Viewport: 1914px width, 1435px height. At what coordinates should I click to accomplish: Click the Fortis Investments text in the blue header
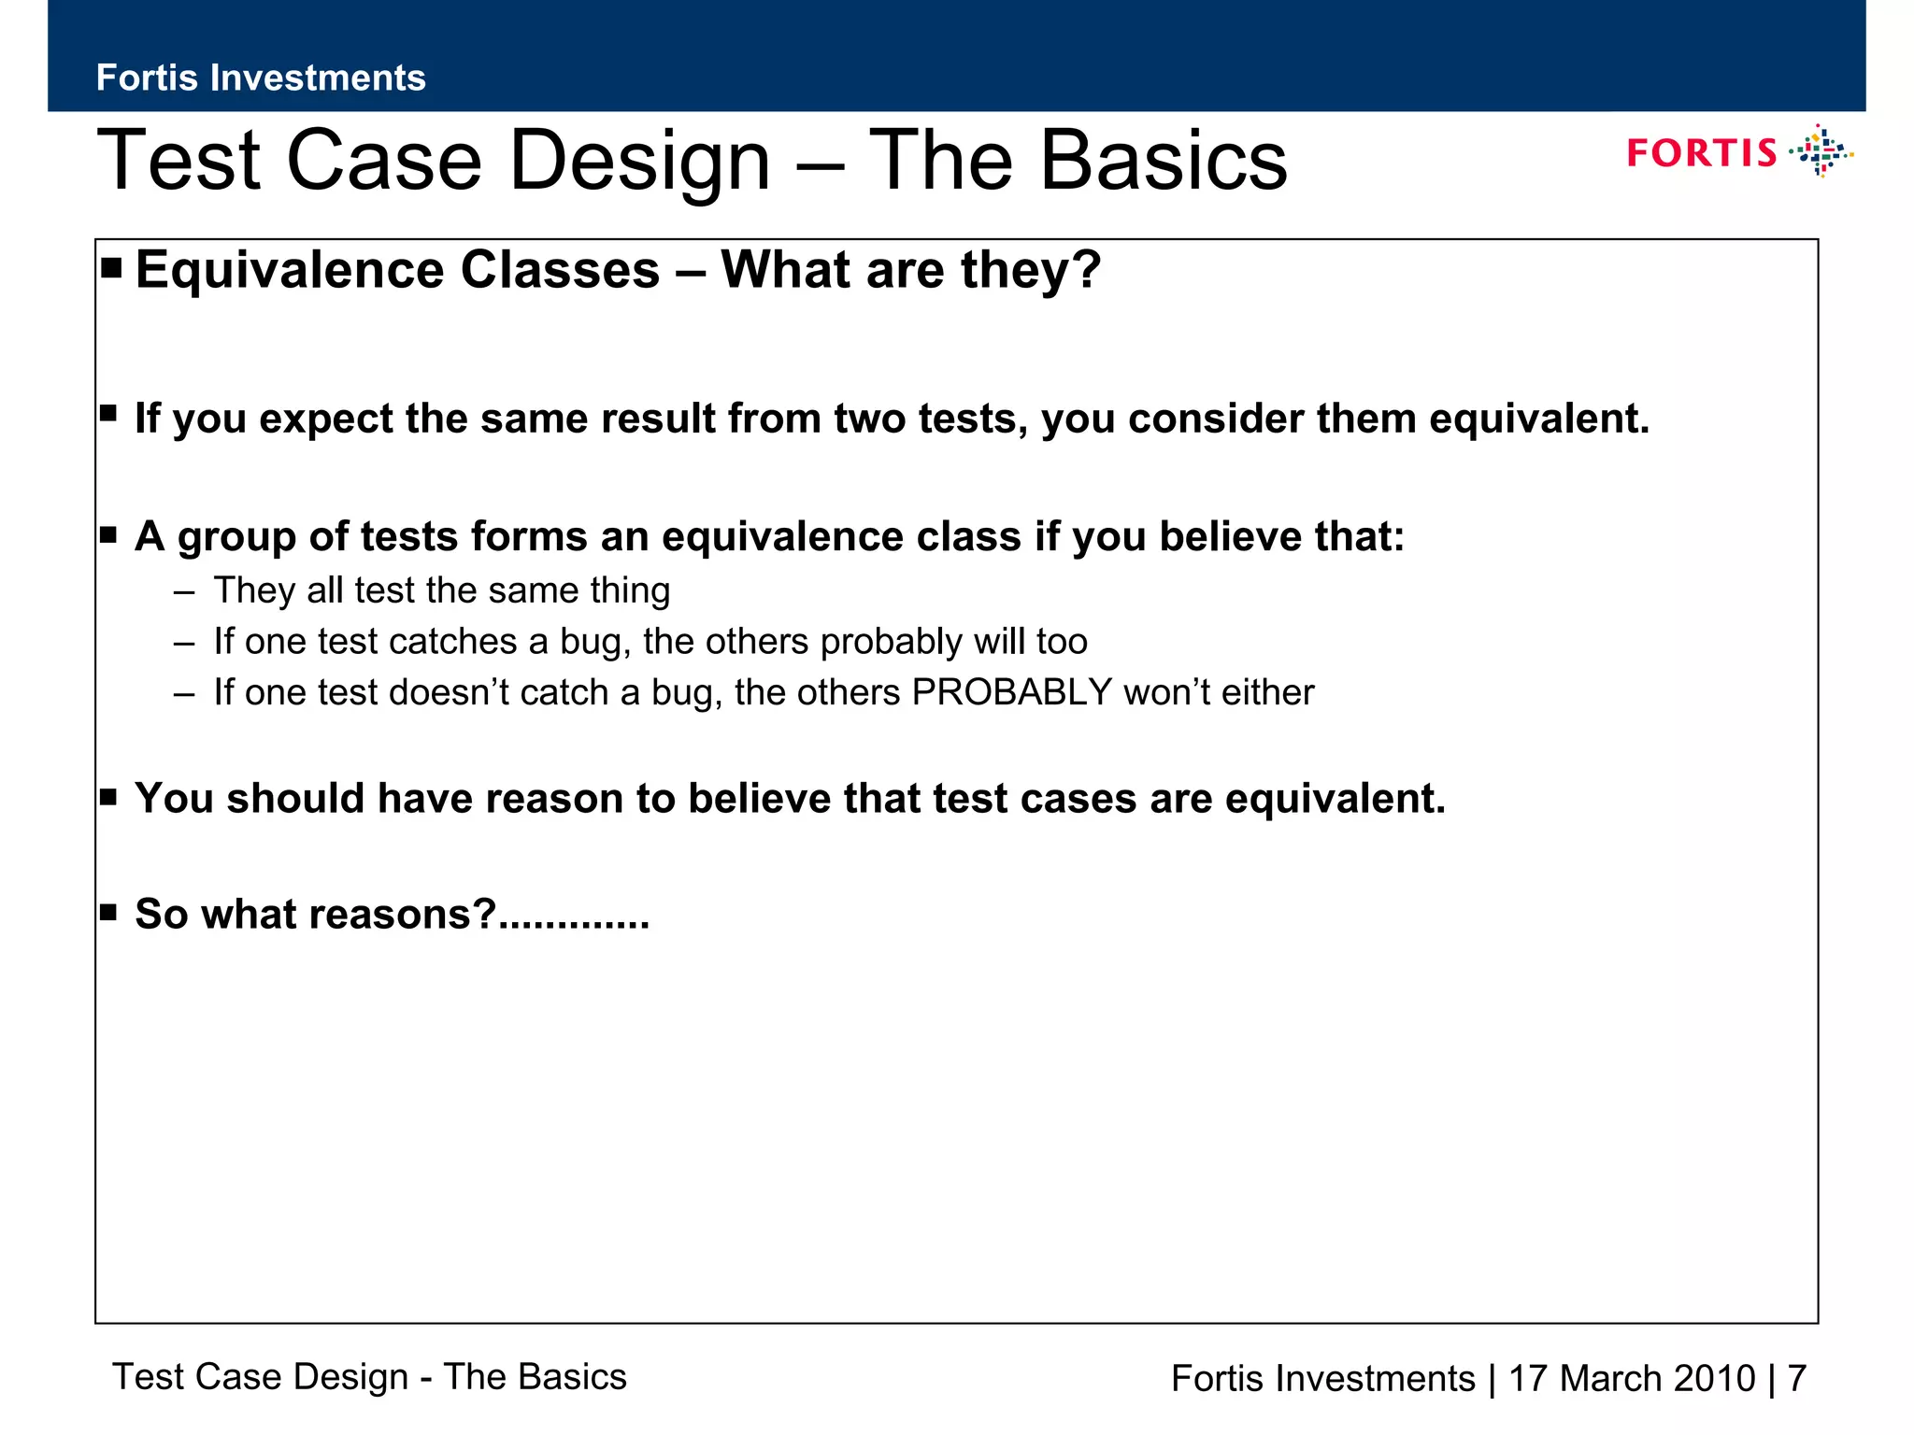click(x=261, y=78)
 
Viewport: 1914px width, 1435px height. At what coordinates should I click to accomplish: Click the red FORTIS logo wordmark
click(x=1701, y=153)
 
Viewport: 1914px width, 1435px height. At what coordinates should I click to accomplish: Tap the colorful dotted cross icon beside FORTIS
click(x=1821, y=151)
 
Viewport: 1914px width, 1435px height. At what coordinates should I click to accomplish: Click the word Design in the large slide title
click(x=640, y=161)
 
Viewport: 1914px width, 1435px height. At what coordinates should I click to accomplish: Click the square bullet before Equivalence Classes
click(x=111, y=269)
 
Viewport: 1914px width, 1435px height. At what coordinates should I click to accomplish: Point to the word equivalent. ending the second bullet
click(x=1539, y=418)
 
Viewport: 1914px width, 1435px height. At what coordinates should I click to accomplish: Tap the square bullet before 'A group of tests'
click(x=108, y=534)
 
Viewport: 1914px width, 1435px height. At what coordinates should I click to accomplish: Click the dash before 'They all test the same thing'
click(x=184, y=592)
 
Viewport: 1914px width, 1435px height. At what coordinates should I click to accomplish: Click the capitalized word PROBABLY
click(x=1011, y=692)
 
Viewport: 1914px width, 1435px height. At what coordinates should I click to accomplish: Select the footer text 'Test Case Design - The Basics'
click(x=369, y=1377)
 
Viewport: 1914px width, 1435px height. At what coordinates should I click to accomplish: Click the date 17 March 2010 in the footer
click(x=1632, y=1379)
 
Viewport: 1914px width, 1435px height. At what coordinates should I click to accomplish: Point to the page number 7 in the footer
click(x=1796, y=1379)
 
